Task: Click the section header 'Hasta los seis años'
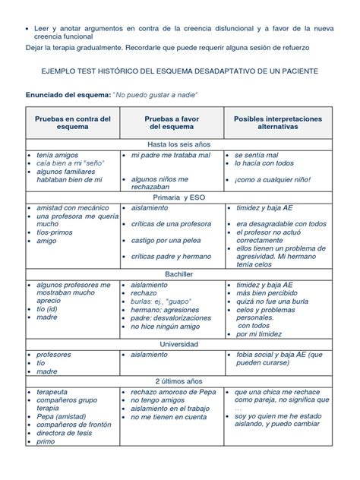[x=180, y=143]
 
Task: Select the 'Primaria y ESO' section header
[x=180, y=197]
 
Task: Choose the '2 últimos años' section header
[x=180, y=380]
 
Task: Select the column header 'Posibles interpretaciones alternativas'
[x=278, y=123]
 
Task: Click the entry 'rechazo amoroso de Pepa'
[x=174, y=392]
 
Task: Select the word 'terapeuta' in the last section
[x=53, y=392]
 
